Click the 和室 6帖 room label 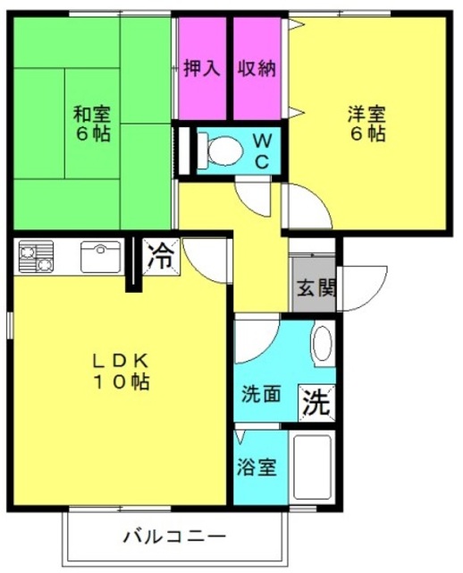(92, 124)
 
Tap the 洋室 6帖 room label (366, 124)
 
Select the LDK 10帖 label (122, 372)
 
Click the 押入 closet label (202, 68)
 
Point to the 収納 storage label (257, 68)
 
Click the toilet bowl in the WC (223, 150)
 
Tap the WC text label (262, 150)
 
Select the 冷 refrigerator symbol (161, 257)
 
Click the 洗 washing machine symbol (316, 403)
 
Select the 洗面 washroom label (261, 394)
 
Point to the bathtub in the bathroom (312, 467)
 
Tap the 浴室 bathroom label (257, 466)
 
